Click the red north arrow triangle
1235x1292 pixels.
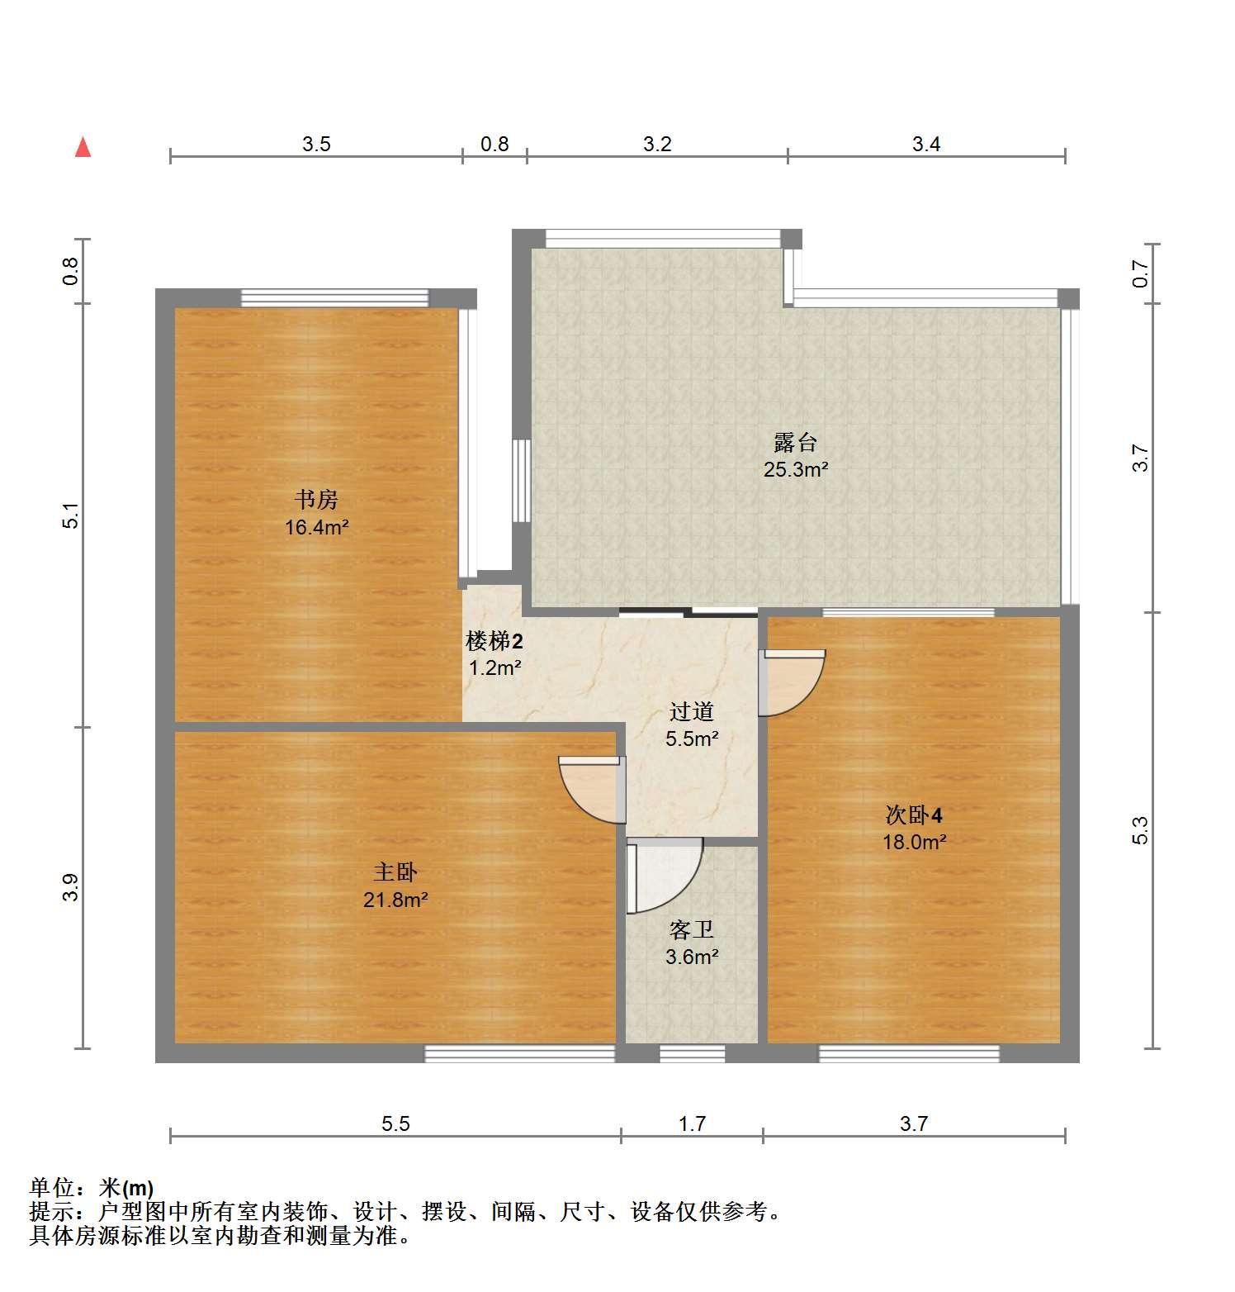pyautogui.click(x=83, y=147)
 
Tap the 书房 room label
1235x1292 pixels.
pyautogui.click(x=317, y=500)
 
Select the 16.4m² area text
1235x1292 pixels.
pyautogui.click(x=317, y=527)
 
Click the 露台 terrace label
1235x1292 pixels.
pyautogui.click(x=796, y=443)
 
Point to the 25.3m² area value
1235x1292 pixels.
pyautogui.click(x=796, y=470)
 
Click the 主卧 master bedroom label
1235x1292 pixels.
pyautogui.click(x=395, y=872)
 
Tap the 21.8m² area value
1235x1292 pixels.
pyautogui.click(x=395, y=900)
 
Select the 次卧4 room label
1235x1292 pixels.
pyautogui.click(x=914, y=815)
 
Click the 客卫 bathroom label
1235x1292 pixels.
pyautogui.click(x=692, y=930)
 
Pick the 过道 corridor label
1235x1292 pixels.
pyautogui.click(x=692, y=711)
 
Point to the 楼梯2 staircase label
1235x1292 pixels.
pyautogui.click(x=494, y=641)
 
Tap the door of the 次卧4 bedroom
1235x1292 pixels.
pyautogui.click(x=792, y=682)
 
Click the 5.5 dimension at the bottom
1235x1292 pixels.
pyautogui.click(x=395, y=1123)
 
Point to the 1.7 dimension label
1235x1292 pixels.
pyautogui.click(x=692, y=1123)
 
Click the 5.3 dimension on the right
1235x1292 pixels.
pyautogui.click(x=1140, y=830)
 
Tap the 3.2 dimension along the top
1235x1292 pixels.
pyautogui.click(x=657, y=145)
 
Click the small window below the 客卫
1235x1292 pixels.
pyautogui.click(x=693, y=1053)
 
